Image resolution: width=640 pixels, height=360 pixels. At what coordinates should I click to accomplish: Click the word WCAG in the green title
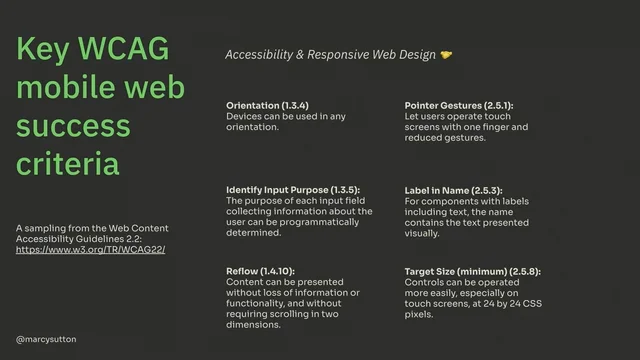click(124, 50)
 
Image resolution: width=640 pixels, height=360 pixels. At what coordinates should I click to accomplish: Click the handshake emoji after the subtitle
click(446, 55)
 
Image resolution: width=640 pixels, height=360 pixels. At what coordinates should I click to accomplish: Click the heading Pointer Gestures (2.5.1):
click(458, 105)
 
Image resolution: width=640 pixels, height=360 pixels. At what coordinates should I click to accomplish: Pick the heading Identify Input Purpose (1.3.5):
click(293, 189)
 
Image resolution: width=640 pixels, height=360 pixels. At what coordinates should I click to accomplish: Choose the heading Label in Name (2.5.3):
click(453, 189)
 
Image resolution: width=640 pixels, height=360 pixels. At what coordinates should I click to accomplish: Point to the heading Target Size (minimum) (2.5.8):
click(471, 271)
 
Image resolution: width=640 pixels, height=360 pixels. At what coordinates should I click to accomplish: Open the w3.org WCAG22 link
click(90, 249)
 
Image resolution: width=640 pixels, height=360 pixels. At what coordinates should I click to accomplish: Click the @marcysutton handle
click(46, 340)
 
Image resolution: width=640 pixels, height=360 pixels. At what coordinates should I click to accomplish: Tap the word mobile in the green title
click(61, 87)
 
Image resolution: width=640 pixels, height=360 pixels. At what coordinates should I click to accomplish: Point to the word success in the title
click(73, 125)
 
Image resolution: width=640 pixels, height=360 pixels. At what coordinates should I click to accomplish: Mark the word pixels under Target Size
click(420, 314)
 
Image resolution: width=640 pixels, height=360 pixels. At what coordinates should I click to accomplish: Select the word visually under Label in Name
click(422, 233)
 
